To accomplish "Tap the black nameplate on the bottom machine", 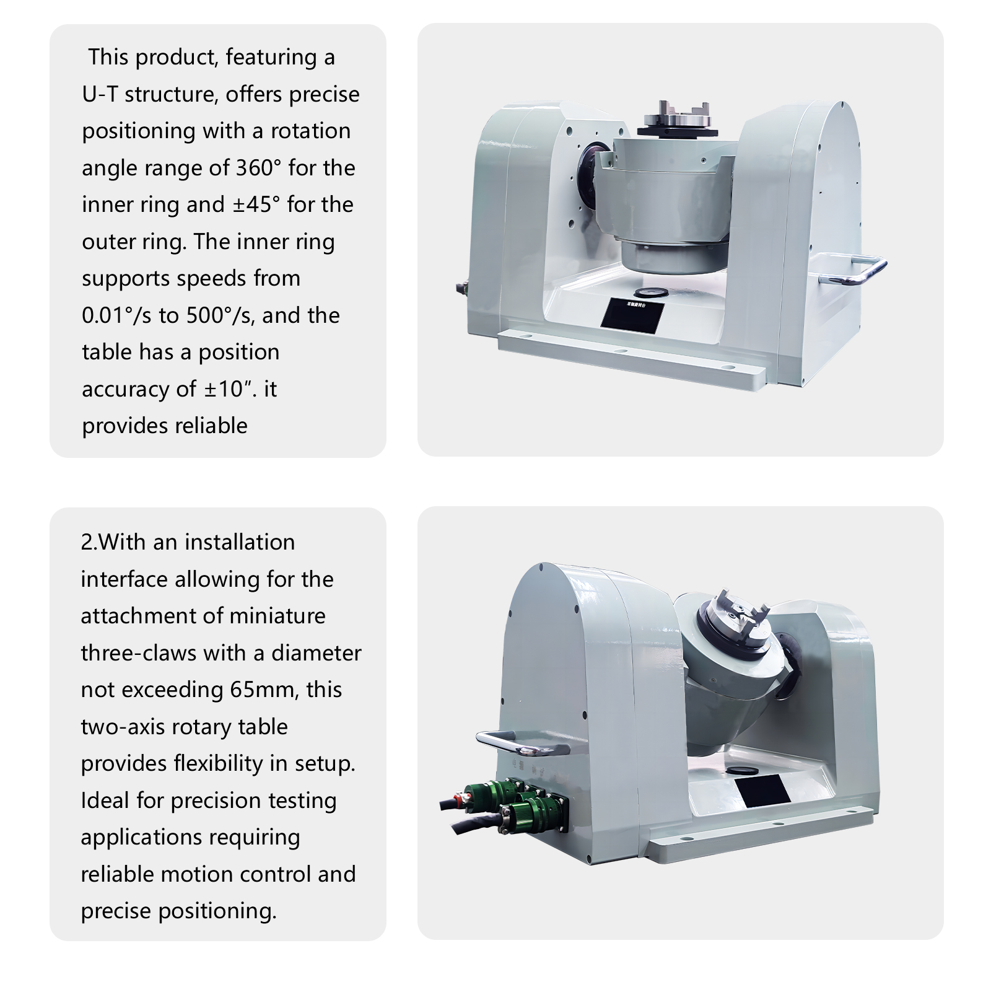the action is (x=761, y=792).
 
